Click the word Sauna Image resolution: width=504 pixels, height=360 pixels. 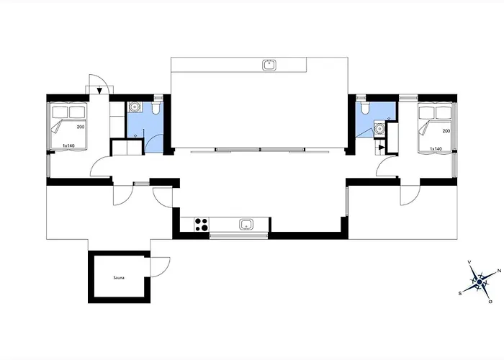click(119, 278)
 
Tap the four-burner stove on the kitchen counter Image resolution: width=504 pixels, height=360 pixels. click(202, 225)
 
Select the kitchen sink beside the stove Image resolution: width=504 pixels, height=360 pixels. click(246, 225)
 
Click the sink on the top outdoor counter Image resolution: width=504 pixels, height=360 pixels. click(269, 65)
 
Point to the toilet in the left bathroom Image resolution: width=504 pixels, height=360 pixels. click(156, 108)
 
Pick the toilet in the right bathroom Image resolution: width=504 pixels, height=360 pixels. click(365, 108)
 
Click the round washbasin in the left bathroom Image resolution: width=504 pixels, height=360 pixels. click(135, 107)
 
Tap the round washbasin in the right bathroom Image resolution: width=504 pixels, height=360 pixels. click(379, 128)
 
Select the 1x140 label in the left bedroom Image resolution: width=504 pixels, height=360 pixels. click(68, 145)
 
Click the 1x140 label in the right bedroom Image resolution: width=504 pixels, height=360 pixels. click(436, 149)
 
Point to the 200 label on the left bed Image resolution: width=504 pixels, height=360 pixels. click(81, 127)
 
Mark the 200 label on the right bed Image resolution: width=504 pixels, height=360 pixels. click(446, 131)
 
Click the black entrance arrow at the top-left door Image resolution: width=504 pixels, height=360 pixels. click(99, 91)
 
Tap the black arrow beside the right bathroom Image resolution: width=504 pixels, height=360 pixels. click(381, 148)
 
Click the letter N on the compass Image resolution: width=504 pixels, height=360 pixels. click(499, 271)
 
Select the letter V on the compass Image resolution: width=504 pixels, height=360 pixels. click(469, 262)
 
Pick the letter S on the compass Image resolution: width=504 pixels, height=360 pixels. click(460, 293)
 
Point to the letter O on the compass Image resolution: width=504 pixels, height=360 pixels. click(490, 302)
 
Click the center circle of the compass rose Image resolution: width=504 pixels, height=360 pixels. click(480, 282)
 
